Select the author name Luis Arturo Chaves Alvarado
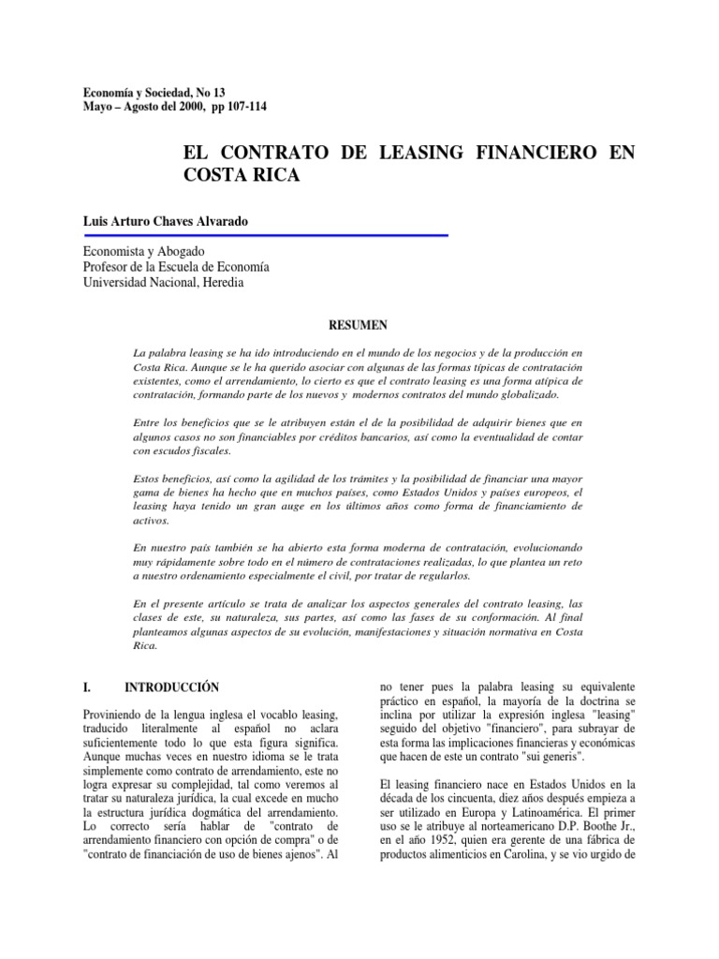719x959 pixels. [168, 218]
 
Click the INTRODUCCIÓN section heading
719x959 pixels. [178, 686]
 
